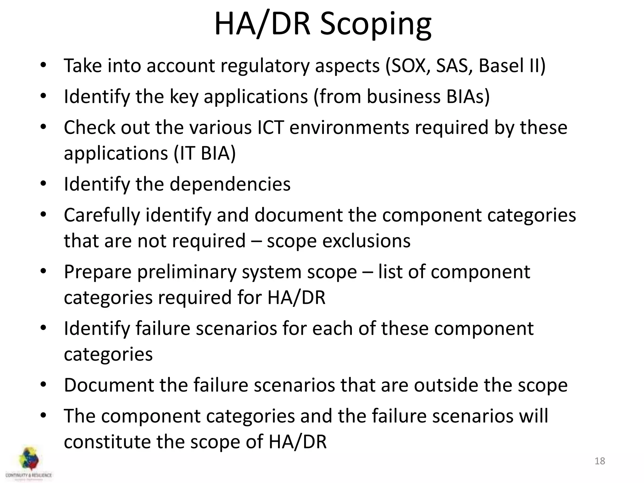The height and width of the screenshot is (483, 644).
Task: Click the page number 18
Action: coord(600,461)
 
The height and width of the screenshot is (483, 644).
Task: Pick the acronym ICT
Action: coord(270,127)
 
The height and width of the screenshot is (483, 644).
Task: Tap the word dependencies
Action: coord(230,184)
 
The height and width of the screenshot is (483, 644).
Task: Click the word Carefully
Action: coord(102,215)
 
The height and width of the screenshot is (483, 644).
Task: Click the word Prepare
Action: coord(97,272)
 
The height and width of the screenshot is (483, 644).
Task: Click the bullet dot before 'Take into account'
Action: coord(43,65)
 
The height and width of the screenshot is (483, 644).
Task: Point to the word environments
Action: coord(349,127)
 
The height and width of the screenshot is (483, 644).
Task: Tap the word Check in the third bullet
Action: coord(90,127)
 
